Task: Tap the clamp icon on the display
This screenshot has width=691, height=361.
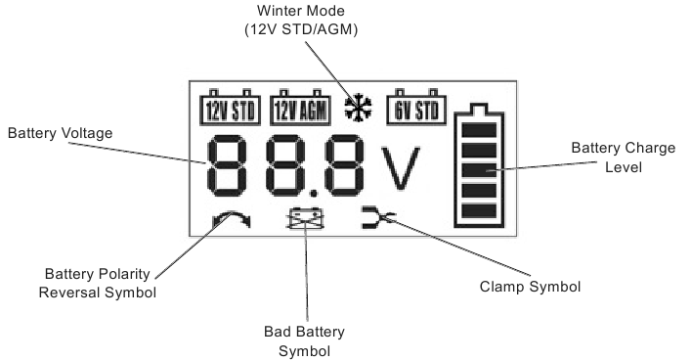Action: [x=377, y=218]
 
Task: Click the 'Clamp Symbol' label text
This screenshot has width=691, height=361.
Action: [x=530, y=287]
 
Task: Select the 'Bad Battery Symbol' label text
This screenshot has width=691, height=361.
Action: [x=305, y=341]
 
